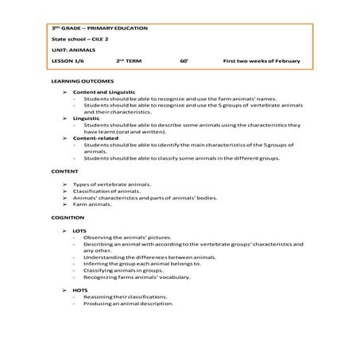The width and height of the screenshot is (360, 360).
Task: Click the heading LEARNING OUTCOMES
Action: click(83, 82)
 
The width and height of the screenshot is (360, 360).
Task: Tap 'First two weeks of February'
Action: click(262, 60)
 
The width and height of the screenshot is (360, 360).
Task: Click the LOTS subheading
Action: click(79, 230)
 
